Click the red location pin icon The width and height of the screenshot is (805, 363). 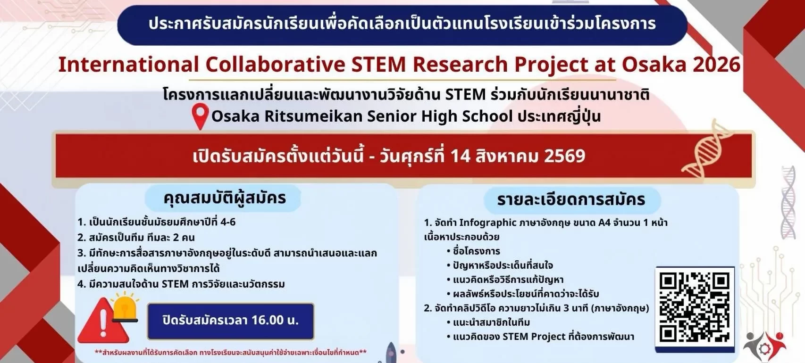click(200, 115)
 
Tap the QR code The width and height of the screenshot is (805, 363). click(695, 307)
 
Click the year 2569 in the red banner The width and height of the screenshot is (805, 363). click(564, 156)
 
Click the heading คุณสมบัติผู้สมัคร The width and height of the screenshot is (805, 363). click(225, 198)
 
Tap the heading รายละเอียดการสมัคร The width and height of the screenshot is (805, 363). click(571, 199)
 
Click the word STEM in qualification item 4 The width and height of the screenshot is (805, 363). click(175, 284)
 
